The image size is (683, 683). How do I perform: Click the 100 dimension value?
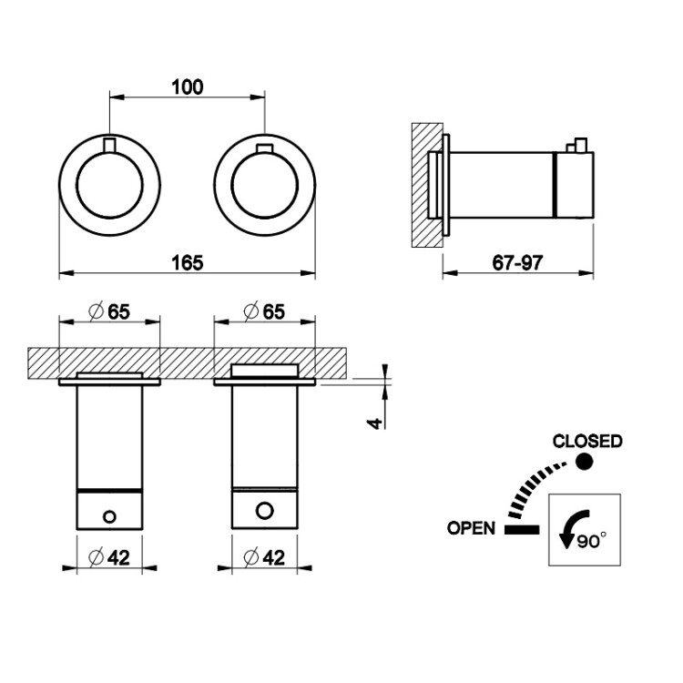pos(188,87)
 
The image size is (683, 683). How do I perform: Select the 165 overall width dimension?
pos(188,262)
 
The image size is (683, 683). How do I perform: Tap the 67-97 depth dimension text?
pos(517,262)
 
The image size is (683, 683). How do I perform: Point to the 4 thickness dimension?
pos(375,423)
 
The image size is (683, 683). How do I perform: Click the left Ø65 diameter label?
pos(109,311)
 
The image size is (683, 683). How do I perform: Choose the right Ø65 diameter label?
pos(264,311)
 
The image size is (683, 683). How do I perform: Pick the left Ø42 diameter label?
pos(109,557)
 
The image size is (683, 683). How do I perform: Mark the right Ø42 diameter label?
pos(264,557)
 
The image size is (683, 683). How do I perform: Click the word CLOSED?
pos(587,442)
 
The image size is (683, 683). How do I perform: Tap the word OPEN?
pos(472,528)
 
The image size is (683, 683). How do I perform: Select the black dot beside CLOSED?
pos(584,462)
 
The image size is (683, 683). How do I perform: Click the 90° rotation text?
pos(592,542)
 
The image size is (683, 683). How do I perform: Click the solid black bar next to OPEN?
pos(522,530)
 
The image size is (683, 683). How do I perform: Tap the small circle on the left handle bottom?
pos(109,516)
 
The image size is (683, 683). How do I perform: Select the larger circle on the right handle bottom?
pos(265,510)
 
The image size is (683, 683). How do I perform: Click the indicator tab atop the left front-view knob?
pos(110,145)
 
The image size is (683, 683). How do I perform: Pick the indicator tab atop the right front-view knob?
pos(265,148)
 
